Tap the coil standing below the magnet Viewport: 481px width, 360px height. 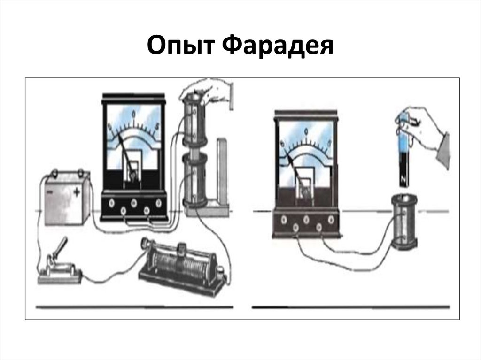[x=404, y=221]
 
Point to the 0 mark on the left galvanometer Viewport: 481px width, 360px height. [x=134, y=113]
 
